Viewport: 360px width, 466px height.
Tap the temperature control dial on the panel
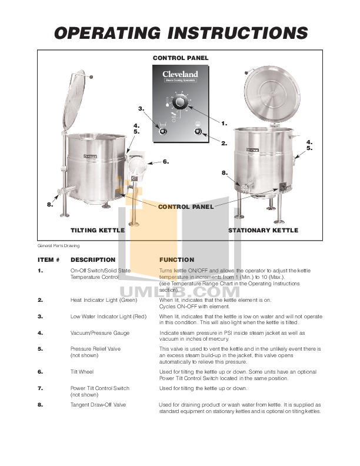click(x=181, y=104)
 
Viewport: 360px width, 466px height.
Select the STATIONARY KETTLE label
click(x=263, y=231)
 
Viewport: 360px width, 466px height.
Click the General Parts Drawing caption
click(x=59, y=245)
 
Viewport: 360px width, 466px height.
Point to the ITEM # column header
click(x=49, y=259)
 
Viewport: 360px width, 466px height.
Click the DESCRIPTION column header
click(x=93, y=259)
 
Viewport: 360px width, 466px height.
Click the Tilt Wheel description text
click(x=82, y=372)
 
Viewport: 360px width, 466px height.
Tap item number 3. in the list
click(x=41, y=317)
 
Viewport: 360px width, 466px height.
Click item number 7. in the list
click(x=41, y=388)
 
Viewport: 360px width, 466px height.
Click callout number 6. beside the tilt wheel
click(x=165, y=161)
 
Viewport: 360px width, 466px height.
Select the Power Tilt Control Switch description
click(x=99, y=388)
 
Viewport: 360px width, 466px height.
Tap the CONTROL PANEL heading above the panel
click(x=181, y=58)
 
